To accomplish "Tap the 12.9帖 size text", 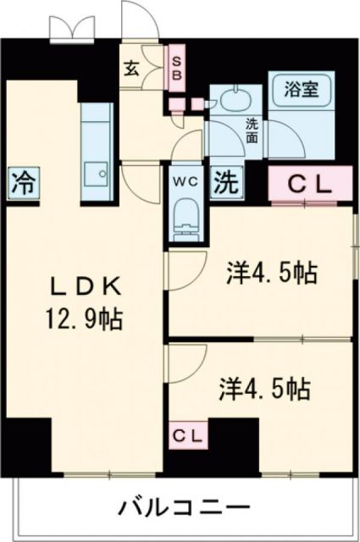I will pos(83,318).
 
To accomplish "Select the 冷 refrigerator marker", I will pos(23,180).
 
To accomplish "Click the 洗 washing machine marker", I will pos(225,180).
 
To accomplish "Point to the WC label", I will pos(186,180).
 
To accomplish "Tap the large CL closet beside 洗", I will pos(311,182).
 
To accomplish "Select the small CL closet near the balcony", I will pos(189,435).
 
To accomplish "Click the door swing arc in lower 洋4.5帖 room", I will pos(180,359).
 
